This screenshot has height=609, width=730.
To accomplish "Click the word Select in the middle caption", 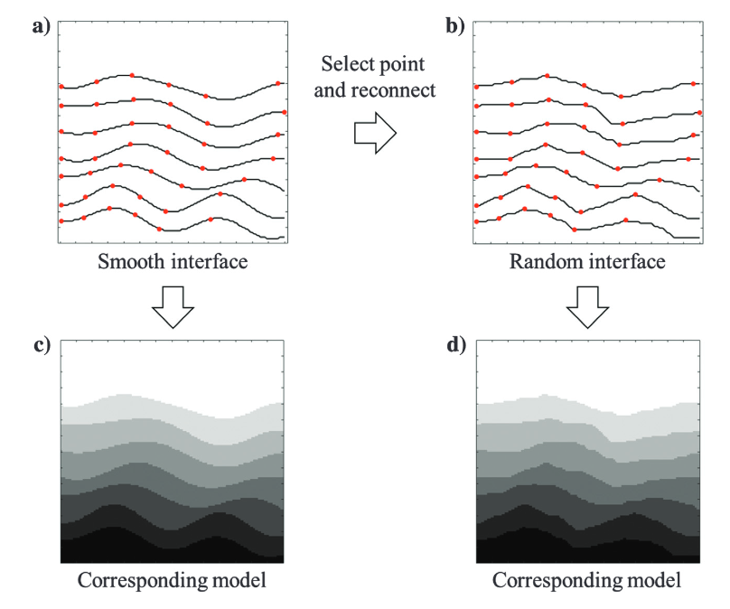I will tap(346, 64).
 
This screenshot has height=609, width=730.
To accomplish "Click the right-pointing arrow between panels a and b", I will tap(374, 134).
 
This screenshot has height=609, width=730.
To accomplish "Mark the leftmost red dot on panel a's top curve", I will tap(61, 87).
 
